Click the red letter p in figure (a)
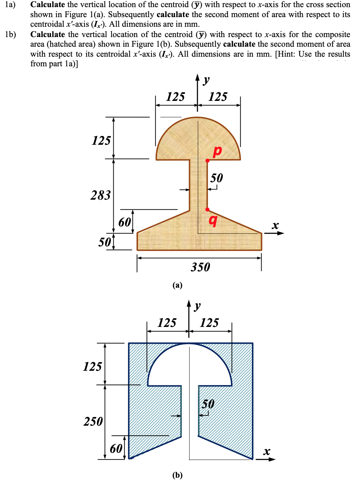[217, 151]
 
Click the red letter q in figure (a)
[213, 220]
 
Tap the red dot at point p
[207, 160]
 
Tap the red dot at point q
[207, 210]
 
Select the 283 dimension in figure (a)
[101, 195]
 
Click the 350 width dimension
[200, 267]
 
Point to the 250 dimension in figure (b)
[93, 421]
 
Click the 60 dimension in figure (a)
[125, 222]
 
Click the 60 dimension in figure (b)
[116, 448]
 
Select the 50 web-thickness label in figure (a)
[216, 178]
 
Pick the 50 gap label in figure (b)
[208, 404]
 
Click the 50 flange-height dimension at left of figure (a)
[104, 242]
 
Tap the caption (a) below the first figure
[177, 285]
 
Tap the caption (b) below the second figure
[177, 475]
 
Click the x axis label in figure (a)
[275, 225]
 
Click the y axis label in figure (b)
[197, 306]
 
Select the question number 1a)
[10, 5]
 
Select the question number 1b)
[10, 35]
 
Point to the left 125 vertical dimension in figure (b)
[92, 366]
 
